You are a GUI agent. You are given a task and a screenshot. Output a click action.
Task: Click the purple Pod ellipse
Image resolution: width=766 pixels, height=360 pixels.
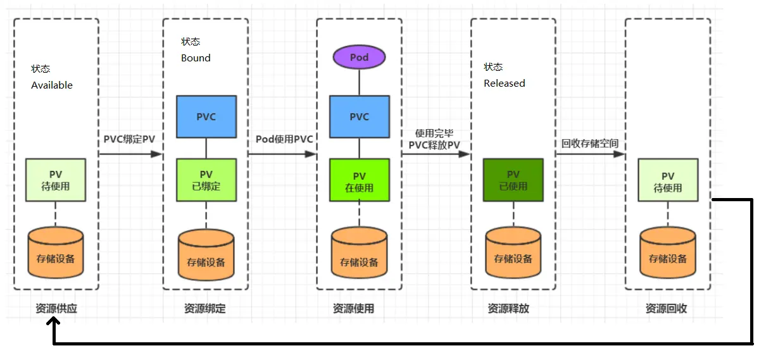pyautogui.click(x=359, y=58)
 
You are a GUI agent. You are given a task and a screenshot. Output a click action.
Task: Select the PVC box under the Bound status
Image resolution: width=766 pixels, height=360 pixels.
pyautogui.click(x=206, y=116)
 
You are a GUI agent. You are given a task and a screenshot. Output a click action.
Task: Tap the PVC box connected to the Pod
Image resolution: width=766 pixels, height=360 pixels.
pyautogui.click(x=359, y=116)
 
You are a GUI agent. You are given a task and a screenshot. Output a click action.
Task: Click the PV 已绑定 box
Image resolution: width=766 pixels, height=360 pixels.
pyautogui.click(x=206, y=180)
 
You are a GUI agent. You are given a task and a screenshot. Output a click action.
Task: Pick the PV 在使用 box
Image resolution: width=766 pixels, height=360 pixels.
pyautogui.click(x=359, y=180)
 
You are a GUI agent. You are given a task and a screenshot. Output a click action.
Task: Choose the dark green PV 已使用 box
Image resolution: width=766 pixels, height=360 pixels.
pyautogui.click(x=513, y=180)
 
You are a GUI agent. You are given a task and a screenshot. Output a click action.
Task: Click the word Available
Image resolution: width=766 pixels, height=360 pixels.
pyautogui.click(x=52, y=85)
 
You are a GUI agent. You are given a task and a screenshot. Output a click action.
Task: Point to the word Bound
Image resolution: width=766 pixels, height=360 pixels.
pyautogui.click(x=196, y=58)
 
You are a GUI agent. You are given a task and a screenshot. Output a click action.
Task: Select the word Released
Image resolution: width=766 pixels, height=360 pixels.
pyautogui.click(x=505, y=84)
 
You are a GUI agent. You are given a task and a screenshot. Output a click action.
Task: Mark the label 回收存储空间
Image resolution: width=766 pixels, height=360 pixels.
pyautogui.click(x=589, y=144)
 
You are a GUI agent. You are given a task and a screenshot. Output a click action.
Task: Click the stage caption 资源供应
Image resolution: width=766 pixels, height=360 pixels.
pyautogui.click(x=56, y=309)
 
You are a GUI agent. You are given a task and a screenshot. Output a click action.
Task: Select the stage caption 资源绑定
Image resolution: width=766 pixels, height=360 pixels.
pyautogui.click(x=205, y=309)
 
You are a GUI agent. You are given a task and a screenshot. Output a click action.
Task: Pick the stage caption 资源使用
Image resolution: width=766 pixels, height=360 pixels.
pyautogui.click(x=353, y=309)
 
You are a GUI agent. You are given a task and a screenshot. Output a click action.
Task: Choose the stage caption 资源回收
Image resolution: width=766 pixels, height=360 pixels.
pyautogui.click(x=666, y=309)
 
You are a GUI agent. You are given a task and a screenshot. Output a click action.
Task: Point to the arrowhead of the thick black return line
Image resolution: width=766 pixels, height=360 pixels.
pyautogui.click(x=54, y=322)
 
